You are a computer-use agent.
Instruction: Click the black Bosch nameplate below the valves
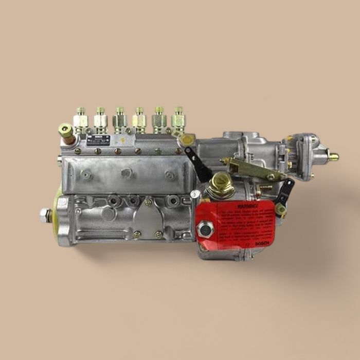point(98,140)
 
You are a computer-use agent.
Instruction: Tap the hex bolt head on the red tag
point(206,229)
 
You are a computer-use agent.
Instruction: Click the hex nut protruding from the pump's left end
point(45,215)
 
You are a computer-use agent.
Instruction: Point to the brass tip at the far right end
point(334,156)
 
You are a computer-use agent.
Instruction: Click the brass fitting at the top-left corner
point(66,132)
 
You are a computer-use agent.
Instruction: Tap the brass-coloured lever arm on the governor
point(252,168)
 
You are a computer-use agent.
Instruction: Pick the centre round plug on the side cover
point(126,173)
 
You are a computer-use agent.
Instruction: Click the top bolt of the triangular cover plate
point(148,203)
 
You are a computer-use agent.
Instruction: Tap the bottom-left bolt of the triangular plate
point(137,235)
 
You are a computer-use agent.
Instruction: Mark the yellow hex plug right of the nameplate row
point(188,139)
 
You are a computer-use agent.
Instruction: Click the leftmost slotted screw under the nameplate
point(78,151)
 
